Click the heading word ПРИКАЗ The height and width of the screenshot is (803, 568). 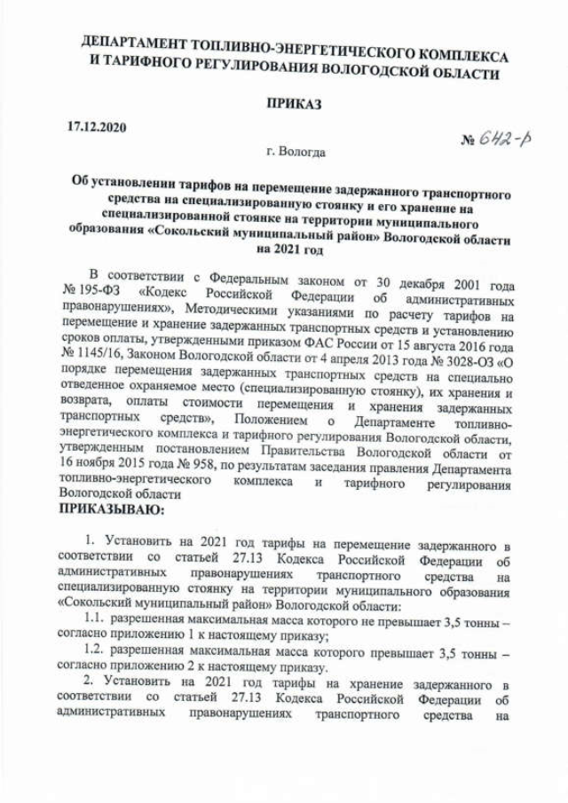click(293, 104)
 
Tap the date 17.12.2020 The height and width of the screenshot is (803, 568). click(98, 127)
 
